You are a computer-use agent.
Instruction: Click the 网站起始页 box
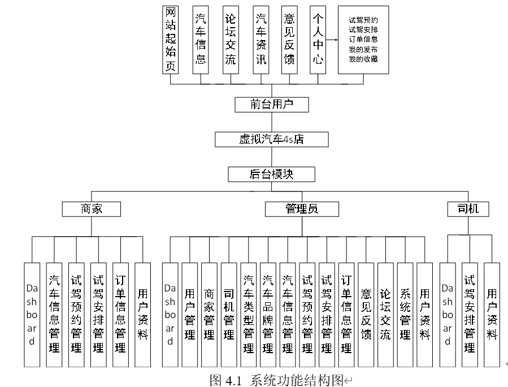tap(171, 40)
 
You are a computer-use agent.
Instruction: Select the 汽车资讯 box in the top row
tap(260, 40)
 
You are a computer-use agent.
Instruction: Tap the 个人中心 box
tap(318, 40)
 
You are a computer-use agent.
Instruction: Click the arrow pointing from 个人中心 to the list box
tap(332, 40)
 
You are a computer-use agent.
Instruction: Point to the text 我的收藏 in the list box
tap(363, 59)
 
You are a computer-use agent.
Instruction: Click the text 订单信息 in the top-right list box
tap(363, 40)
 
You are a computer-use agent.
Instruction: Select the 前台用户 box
tap(272, 104)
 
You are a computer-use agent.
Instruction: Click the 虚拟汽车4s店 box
tap(272, 138)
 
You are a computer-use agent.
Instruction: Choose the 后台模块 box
tap(272, 174)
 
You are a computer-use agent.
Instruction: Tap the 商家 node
tap(92, 209)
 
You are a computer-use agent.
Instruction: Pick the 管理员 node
tap(301, 209)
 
